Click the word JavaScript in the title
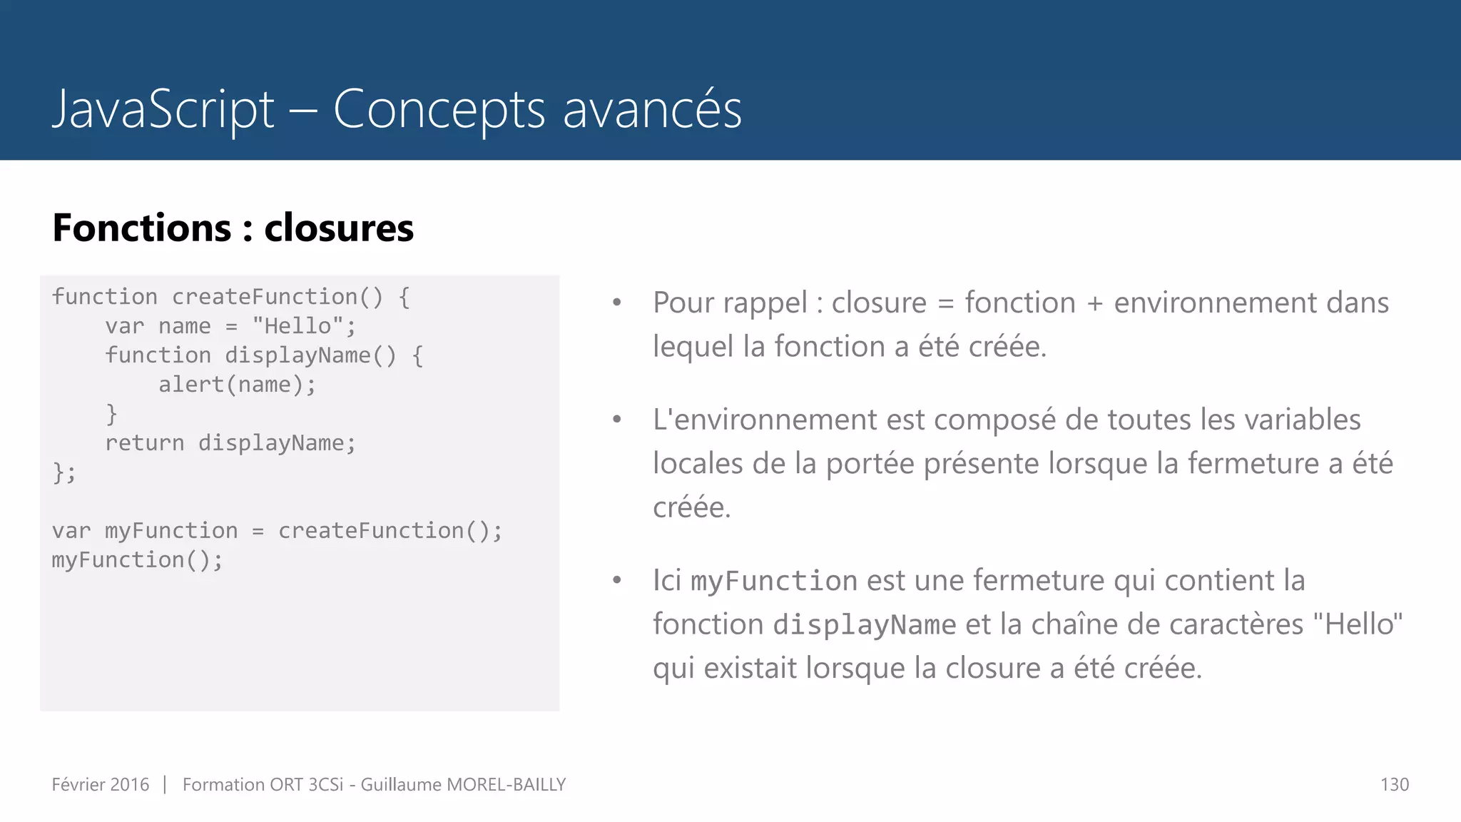tap(163, 111)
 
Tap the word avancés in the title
tap(652, 111)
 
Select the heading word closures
tap(339, 228)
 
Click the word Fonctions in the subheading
tap(142, 228)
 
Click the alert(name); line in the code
tap(237, 385)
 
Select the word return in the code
tap(144, 443)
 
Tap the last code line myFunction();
tap(137, 560)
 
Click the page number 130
tap(1394, 785)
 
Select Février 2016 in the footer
tap(101, 785)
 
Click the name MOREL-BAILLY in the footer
tap(506, 785)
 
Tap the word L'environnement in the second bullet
tap(764, 420)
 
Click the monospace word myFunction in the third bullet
tap(774, 582)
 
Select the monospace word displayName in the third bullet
tap(865, 625)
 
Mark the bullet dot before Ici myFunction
tap(617, 581)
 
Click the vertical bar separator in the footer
tap(165, 785)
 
